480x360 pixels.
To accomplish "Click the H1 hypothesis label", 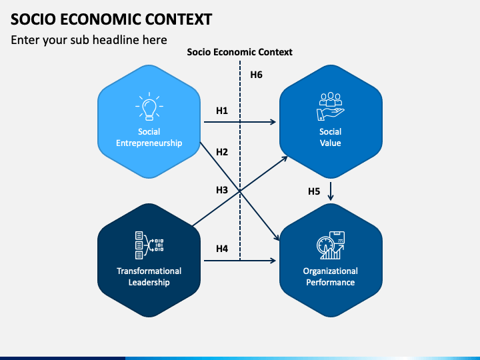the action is click(x=222, y=111).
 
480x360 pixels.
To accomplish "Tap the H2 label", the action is click(x=222, y=152).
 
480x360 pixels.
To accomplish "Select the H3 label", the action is click(x=222, y=190).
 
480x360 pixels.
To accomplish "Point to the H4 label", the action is click(x=222, y=249).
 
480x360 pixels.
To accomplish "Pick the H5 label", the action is click(x=314, y=191).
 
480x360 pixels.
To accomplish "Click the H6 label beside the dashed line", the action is click(x=256, y=75).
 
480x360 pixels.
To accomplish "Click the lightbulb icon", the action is click(x=149, y=106).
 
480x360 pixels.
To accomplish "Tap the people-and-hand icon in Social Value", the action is click(x=330, y=106).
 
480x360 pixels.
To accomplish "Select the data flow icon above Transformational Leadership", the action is click(x=149, y=245).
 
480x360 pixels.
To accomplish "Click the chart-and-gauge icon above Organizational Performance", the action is click(x=331, y=245).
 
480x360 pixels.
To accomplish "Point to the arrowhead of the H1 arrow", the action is click(x=273, y=122).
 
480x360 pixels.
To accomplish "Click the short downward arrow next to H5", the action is click(x=330, y=191).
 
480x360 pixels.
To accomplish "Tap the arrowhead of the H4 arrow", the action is click(x=273, y=261).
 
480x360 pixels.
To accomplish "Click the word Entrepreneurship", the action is click(x=149, y=143).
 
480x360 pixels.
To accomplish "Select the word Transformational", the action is click(x=149, y=271).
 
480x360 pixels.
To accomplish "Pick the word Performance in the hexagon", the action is click(x=331, y=282).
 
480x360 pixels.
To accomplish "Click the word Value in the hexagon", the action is click(x=330, y=143).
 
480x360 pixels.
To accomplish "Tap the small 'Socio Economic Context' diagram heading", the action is click(x=240, y=52).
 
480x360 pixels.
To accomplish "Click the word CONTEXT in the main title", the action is click(x=179, y=19).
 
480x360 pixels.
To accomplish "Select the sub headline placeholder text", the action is click(x=89, y=40).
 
